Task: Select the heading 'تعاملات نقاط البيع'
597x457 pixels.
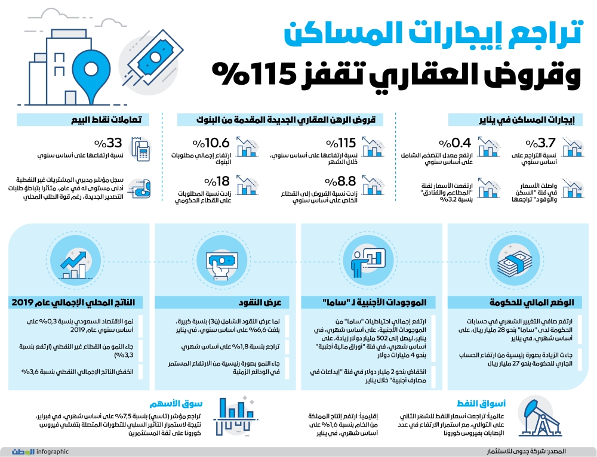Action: coord(119,119)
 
